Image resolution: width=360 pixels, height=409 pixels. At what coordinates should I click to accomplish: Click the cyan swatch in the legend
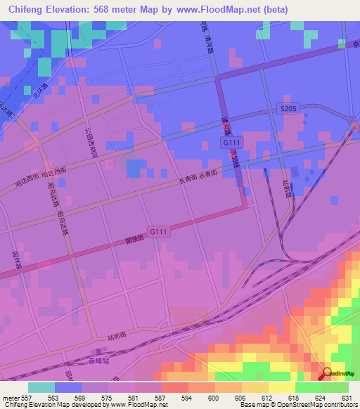(41, 387)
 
